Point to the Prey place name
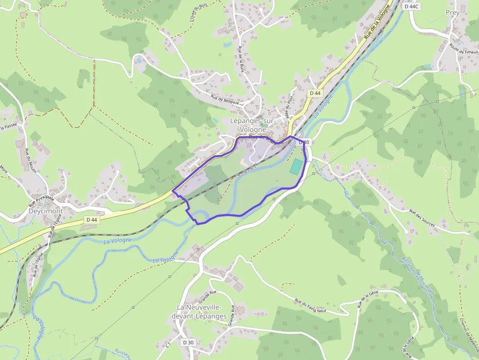[453, 13]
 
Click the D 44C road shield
[412, 6]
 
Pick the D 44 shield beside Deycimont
[91, 220]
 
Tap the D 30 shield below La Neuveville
[188, 342]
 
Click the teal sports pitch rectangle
[296, 166]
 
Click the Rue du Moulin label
[27, 158]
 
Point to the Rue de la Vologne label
[378, 22]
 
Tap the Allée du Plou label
[288, 106]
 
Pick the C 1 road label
[168, 345]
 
